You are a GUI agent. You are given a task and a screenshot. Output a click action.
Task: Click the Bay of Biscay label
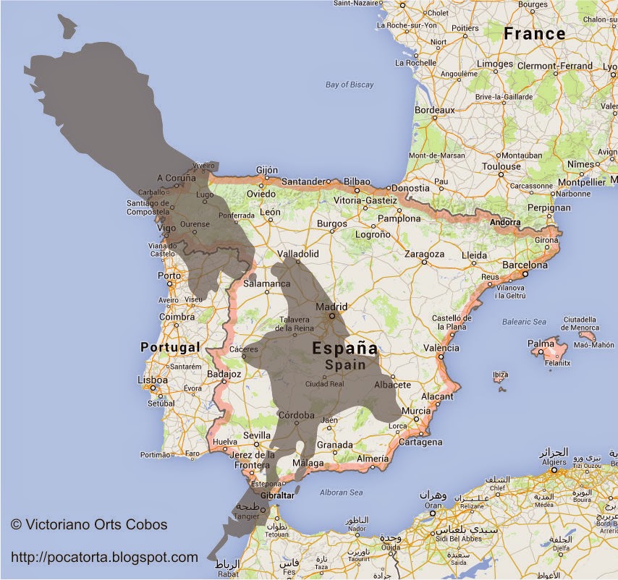(350, 85)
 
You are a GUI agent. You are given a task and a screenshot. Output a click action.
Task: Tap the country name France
(535, 33)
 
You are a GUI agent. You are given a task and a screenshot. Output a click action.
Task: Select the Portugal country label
(170, 347)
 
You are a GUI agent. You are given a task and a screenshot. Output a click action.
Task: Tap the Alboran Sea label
(341, 492)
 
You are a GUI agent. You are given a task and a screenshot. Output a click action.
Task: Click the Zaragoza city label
(424, 254)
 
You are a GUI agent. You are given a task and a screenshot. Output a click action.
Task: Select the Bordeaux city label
(434, 110)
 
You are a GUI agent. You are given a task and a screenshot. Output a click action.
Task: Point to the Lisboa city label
(152, 380)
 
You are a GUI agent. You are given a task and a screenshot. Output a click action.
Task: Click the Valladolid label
(299, 254)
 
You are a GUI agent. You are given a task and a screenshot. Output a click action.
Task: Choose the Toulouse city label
(501, 166)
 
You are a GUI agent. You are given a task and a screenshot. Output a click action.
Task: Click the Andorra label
(505, 222)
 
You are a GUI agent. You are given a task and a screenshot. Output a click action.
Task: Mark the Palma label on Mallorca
(541, 344)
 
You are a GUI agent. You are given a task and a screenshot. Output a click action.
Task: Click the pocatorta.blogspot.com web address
(104, 557)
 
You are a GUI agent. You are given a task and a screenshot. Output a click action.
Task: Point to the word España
(344, 349)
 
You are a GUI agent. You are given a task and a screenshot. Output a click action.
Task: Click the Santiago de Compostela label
(148, 207)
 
